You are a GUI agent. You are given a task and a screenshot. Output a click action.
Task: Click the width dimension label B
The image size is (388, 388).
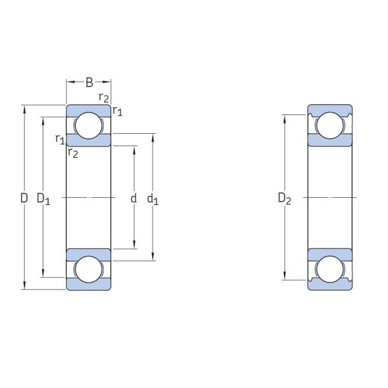coord(89,82)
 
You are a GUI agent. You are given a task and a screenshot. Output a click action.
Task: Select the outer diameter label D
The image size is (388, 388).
coord(24,199)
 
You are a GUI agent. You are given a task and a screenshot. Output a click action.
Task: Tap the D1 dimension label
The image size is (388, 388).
coord(43,199)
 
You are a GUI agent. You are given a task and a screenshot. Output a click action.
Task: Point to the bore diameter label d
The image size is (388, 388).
coord(134,199)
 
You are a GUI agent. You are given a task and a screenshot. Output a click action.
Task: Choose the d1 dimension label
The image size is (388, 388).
coord(153,199)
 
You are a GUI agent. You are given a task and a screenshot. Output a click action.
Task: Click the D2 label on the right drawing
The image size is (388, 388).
coord(285,199)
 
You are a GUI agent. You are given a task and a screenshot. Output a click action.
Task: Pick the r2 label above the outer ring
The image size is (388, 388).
coord(103,98)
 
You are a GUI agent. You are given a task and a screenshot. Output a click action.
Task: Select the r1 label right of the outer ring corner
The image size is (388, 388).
coord(118,111)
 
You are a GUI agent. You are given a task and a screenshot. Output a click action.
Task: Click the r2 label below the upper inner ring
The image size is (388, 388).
coord(73,153)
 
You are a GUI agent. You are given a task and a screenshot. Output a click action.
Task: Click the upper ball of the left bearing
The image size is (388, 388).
coord(89,125)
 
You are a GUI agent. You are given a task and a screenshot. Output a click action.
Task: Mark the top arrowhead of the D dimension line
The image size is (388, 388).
coord(25,107)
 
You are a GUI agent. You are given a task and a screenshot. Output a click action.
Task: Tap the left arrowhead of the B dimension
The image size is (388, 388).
coord(69,82)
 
